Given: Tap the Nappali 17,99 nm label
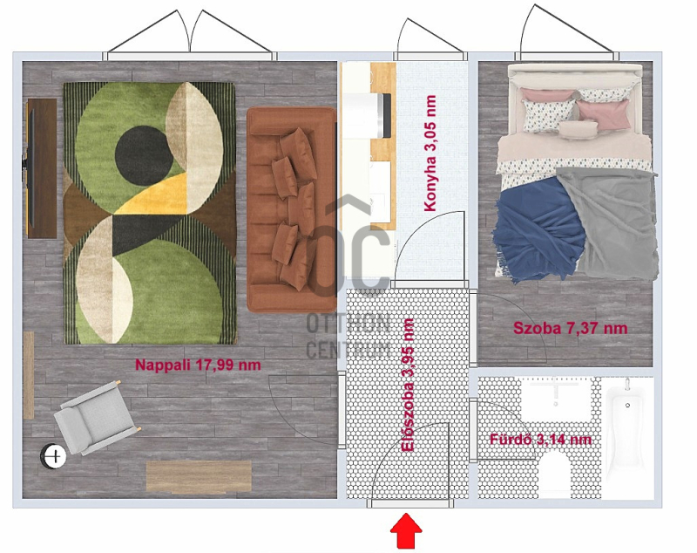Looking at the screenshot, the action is point(198,365).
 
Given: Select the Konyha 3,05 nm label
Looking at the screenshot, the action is point(430,153).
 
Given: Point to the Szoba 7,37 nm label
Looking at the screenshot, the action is point(571,328).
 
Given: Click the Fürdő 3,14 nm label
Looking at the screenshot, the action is point(540,440).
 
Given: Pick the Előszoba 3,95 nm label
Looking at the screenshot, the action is point(407,385).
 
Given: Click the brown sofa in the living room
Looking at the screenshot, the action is point(292,209).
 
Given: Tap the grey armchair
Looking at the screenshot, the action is point(97,418).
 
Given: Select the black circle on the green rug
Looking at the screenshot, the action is point(144,155).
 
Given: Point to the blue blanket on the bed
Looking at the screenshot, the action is point(539,229).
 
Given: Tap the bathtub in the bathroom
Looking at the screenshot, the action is point(627,438).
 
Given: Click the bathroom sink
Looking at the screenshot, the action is point(556,399).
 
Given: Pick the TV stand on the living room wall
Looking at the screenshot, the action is point(42,168).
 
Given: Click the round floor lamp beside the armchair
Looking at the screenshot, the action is point(53,456).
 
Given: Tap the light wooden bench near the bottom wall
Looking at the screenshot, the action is point(199,477).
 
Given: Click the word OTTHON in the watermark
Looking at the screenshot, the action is point(348,324).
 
